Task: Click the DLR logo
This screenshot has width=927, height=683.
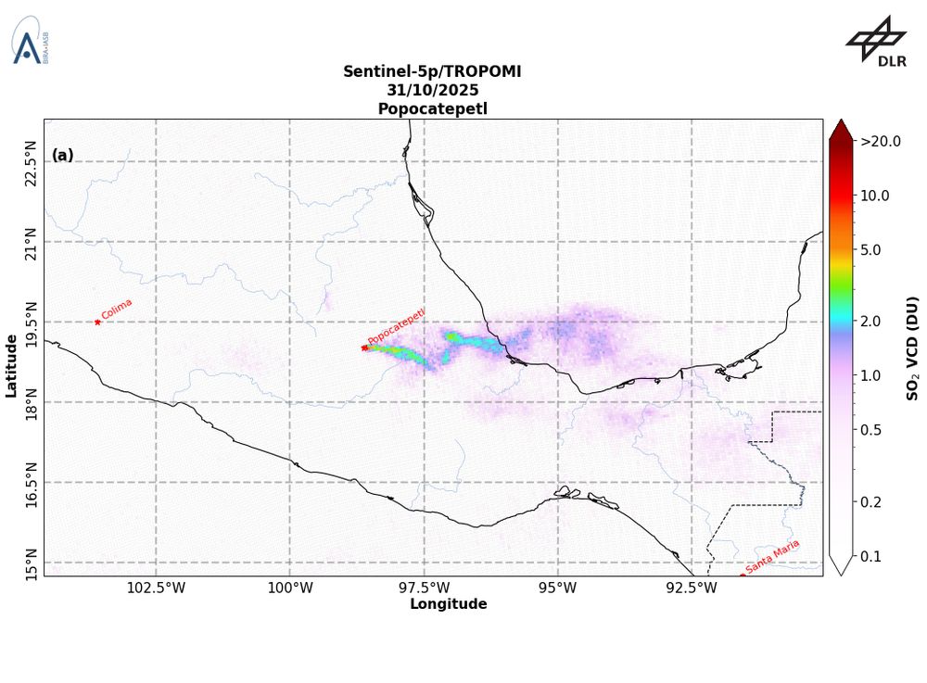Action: click(876, 42)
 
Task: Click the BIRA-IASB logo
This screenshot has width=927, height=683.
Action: click(30, 42)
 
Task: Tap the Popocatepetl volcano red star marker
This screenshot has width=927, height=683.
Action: click(364, 348)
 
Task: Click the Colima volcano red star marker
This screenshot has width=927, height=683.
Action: click(97, 322)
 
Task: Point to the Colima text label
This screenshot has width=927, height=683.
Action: click(117, 309)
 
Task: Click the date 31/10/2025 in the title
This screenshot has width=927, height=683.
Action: click(433, 90)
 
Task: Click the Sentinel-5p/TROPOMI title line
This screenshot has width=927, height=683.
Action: click(433, 71)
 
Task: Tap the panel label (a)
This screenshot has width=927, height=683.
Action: click(63, 155)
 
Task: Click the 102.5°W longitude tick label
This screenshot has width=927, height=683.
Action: click(155, 588)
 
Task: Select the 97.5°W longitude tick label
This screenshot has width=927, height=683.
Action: click(424, 588)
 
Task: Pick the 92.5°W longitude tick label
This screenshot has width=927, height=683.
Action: click(692, 588)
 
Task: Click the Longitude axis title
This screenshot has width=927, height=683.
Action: click(448, 604)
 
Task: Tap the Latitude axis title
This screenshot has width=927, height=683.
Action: click(11, 366)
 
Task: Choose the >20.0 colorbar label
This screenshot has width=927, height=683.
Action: click(881, 142)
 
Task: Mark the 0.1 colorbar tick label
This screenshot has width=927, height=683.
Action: click(874, 556)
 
